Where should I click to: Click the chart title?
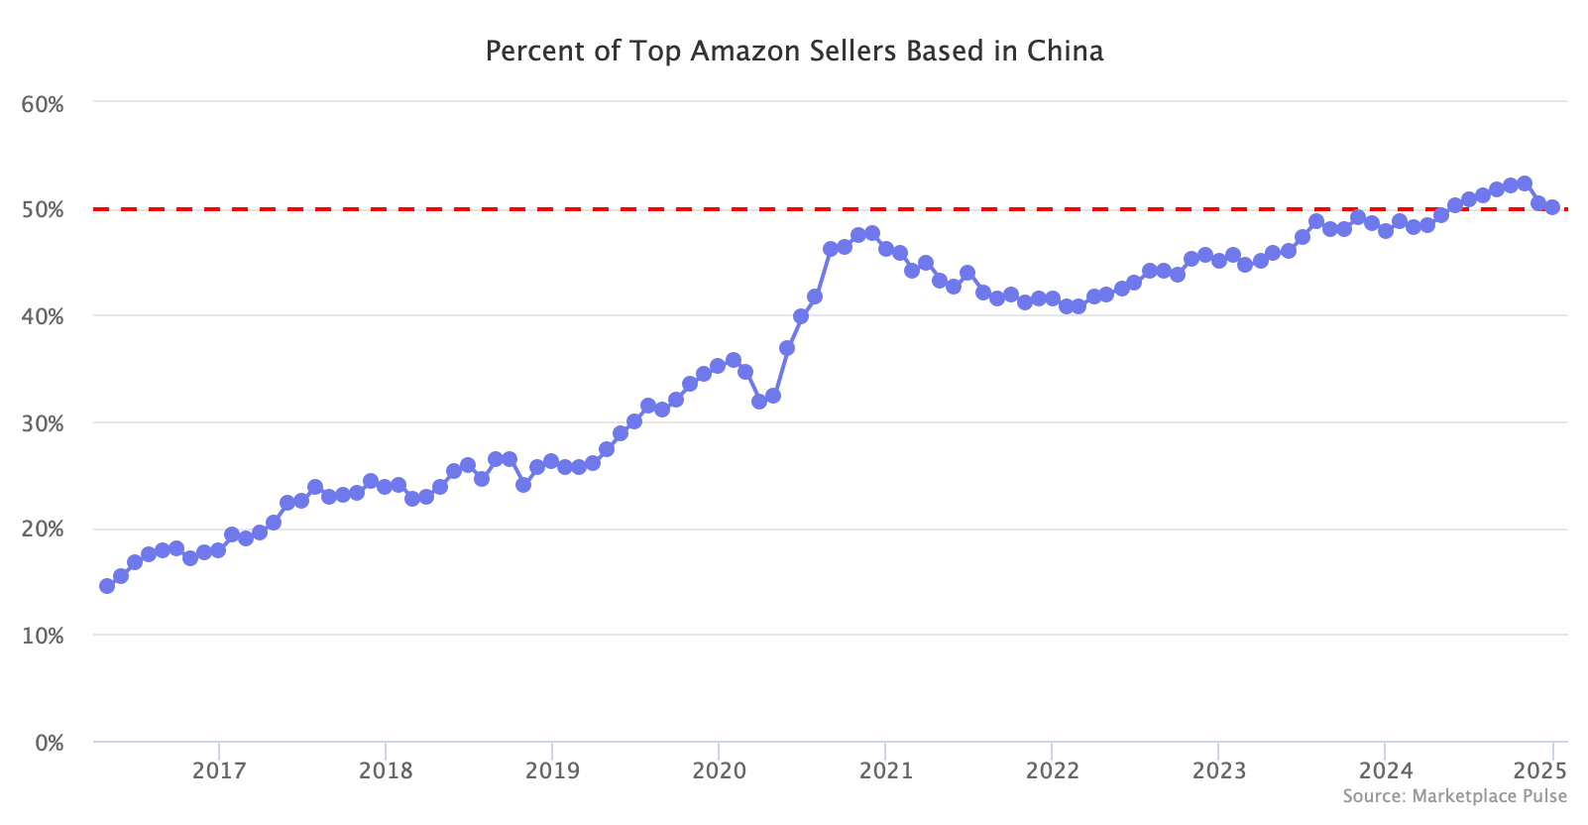(794, 52)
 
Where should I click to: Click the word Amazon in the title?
(730, 52)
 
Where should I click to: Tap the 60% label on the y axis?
(43, 104)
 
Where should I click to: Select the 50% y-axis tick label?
(43, 210)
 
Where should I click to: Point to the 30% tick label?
(43, 423)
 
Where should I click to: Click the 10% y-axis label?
(43, 636)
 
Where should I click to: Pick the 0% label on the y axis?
(49, 743)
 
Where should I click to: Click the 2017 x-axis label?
(218, 771)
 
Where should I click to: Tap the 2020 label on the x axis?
(718, 771)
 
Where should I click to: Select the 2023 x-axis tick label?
(1218, 771)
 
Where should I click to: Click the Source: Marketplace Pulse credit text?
(1454, 796)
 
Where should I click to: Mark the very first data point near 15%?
(107, 586)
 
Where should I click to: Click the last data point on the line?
(1552, 207)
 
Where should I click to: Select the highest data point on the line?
(1525, 183)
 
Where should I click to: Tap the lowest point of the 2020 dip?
(759, 402)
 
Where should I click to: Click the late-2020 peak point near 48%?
(872, 233)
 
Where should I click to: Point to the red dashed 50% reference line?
(595, 209)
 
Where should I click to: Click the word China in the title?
(1065, 52)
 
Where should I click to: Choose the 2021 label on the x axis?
(884, 771)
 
